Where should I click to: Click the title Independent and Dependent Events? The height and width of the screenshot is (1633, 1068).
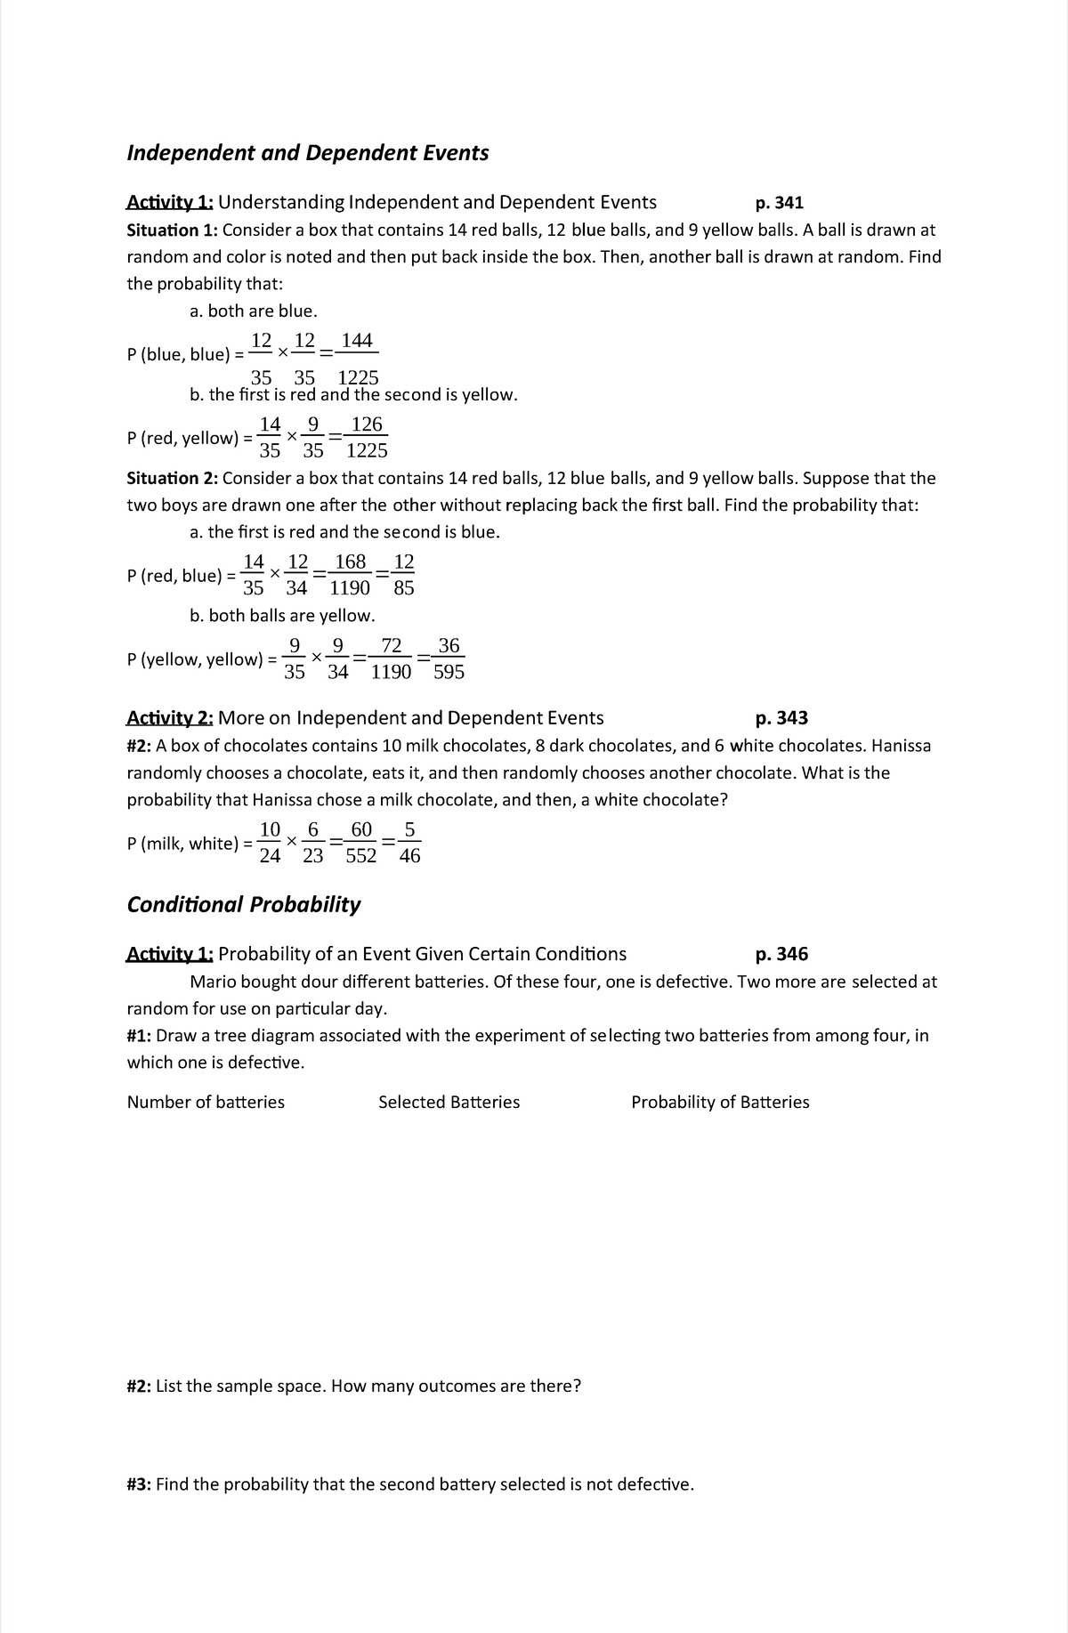[308, 153]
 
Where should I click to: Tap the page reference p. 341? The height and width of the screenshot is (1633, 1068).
[779, 203]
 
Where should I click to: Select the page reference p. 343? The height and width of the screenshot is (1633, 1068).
[781, 718]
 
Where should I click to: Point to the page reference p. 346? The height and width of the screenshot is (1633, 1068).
[781, 955]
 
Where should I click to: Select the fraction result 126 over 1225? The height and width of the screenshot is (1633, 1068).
[366, 438]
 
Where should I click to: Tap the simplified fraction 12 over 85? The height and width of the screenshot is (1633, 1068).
[403, 575]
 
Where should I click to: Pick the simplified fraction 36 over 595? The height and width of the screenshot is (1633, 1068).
[449, 659]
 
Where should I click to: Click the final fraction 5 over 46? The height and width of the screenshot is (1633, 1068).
[409, 843]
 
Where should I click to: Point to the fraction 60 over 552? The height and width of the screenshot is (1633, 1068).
[360, 843]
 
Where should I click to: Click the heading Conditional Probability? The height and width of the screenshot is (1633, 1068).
[244, 905]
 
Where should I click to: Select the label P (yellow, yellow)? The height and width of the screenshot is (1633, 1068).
[195, 659]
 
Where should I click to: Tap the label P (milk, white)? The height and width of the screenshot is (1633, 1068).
[183, 844]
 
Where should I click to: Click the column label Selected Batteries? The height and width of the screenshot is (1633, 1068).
[449, 1103]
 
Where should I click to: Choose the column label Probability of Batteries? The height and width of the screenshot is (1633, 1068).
[720, 1103]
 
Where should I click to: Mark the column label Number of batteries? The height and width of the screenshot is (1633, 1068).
[206, 1103]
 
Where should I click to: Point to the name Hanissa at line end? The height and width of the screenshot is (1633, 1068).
[901, 746]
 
